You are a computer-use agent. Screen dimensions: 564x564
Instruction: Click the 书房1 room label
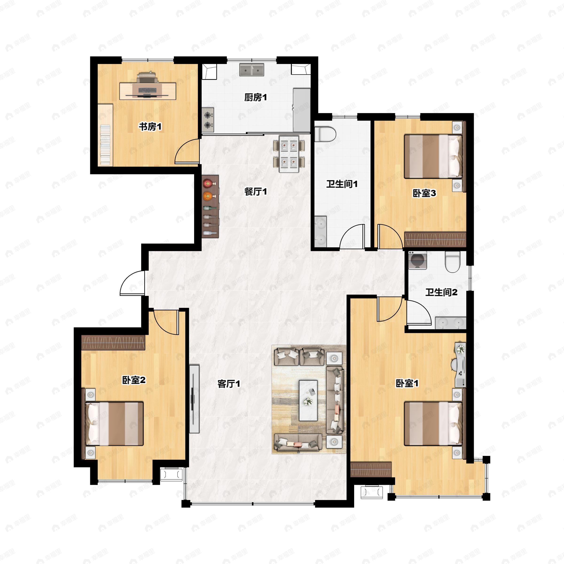coord(150,127)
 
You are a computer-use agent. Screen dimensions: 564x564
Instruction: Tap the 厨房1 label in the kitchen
coord(255,97)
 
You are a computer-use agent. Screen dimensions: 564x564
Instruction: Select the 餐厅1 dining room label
coord(255,192)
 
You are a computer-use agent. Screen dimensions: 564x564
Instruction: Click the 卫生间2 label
coord(441,292)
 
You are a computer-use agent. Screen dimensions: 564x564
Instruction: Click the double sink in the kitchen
coord(252,70)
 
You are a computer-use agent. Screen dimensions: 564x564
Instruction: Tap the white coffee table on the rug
coord(308,400)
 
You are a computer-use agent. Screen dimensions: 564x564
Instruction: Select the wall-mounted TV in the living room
coord(194,399)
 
